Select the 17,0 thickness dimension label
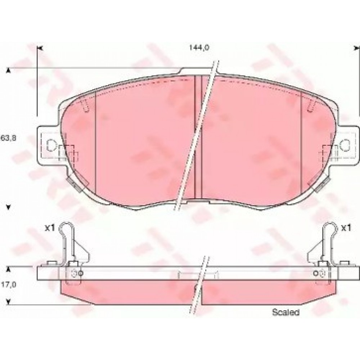click(8, 285)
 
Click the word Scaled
click(285, 312)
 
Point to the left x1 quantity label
click(50, 228)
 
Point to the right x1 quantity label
click(346, 228)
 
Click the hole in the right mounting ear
click(345, 145)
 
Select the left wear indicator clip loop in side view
click(66, 228)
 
